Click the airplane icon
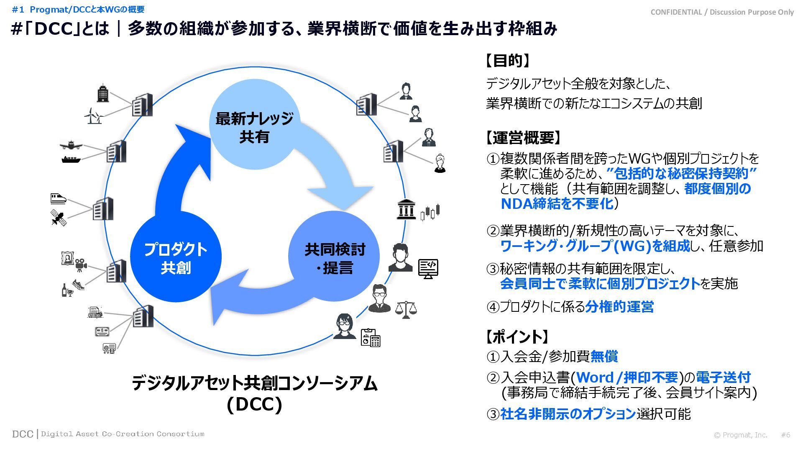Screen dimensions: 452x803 (71, 145)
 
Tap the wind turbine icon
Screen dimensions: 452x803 (93, 116)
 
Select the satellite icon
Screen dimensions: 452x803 (58, 217)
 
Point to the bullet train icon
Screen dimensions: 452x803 (58, 198)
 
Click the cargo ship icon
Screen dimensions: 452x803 (71, 159)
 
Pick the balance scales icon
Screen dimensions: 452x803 (406, 310)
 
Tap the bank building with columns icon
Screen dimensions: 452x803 (406, 209)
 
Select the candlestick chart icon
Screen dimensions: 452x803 (430, 212)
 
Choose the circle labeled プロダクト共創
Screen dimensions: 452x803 (176, 257)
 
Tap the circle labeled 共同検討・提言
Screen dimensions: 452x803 (334, 257)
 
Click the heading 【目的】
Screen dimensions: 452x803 (508, 61)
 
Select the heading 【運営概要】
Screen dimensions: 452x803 (523, 137)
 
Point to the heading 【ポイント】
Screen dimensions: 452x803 (517, 336)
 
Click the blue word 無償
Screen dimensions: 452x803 (604, 357)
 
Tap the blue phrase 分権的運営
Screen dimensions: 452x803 (619, 307)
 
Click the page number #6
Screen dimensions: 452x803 (785, 435)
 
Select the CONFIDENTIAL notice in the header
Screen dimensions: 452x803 (722, 12)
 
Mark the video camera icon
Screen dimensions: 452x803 (81, 265)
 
